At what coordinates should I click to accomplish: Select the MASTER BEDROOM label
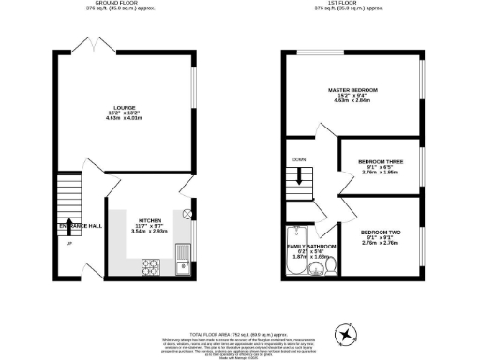tap(352, 91)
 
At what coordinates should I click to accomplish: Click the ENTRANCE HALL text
tap(75, 227)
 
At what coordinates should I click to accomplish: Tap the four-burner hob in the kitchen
tap(150, 267)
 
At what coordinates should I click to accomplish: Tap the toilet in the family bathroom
tap(328, 267)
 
